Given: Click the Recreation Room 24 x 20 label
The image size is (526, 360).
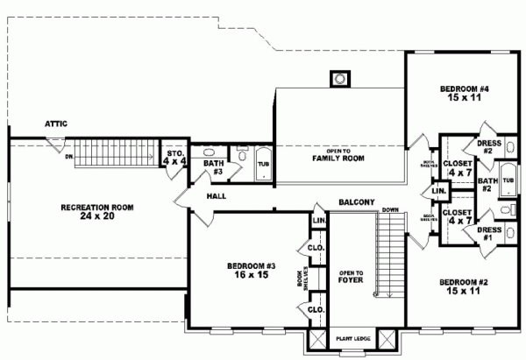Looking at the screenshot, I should tap(96, 212).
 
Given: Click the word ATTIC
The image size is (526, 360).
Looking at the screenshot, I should tap(56, 124).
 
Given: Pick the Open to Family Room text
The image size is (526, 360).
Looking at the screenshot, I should tap(338, 154).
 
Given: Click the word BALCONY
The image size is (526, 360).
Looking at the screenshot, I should tap(357, 202).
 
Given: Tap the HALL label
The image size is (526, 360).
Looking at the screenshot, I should tap(218, 196).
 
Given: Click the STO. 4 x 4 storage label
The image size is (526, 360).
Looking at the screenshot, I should tap(175, 158).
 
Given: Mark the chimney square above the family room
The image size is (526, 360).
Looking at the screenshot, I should tap(338, 80).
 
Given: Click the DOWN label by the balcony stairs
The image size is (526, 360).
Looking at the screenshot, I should tap(391, 210).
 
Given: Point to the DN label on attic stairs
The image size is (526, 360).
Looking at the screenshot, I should tap(68, 157).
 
